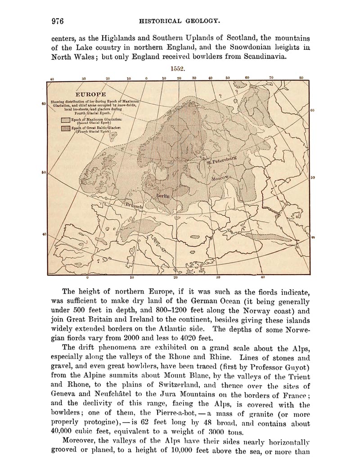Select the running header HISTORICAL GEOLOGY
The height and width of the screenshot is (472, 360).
(180, 21)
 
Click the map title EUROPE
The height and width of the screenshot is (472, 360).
(91, 94)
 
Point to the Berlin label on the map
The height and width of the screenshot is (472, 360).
(163, 196)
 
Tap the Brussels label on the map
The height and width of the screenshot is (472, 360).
(135, 205)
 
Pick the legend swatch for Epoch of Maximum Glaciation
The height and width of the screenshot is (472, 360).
(65, 120)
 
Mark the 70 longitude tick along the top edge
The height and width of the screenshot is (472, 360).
(271, 78)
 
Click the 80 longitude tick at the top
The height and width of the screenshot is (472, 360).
(301, 78)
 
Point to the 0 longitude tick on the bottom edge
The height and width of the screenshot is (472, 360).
(87, 277)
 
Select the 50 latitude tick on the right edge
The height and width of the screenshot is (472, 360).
(313, 177)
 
